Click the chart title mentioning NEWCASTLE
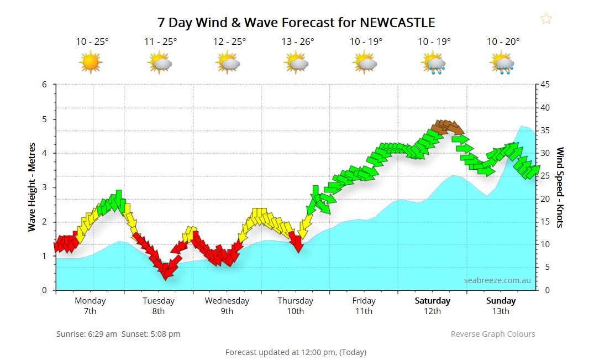[296, 23]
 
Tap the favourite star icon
[546, 19]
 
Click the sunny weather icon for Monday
[91, 62]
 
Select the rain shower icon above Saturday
[434, 62]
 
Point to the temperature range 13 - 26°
[297, 41]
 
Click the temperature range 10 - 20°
[503, 41]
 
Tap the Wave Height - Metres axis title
[33, 187]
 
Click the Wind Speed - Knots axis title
[560, 187]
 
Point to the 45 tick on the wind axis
[545, 85]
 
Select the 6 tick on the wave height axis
[44, 85]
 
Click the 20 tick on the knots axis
[545, 199]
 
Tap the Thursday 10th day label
[295, 306]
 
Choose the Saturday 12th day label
[432, 306]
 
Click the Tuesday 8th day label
[159, 306]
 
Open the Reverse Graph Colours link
[493, 334]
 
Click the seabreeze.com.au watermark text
[497, 280]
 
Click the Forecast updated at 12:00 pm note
[296, 352]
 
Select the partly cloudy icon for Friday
[365, 62]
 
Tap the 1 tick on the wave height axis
[44, 256]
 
